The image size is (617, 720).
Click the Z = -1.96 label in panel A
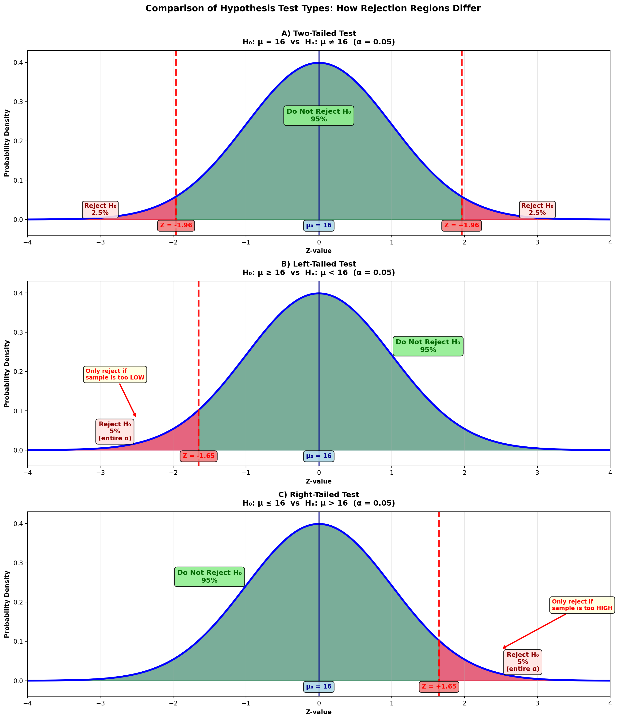[x=176, y=225]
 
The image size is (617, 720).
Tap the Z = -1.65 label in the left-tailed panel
[x=199, y=456]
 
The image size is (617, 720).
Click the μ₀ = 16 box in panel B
[x=319, y=456]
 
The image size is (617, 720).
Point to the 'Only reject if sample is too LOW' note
[x=115, y=374]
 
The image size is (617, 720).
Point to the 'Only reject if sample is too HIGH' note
[x=582, y=605]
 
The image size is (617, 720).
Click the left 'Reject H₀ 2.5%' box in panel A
[x=100, y=209]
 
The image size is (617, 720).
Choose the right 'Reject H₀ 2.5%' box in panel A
[x=537, y=209]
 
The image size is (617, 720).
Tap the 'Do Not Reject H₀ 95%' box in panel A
[x=319, y=115]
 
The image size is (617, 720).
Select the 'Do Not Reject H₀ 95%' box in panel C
[x=209, y=577]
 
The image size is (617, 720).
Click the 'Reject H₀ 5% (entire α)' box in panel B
[x=115, y=431]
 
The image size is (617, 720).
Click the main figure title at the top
[x=313, y=9]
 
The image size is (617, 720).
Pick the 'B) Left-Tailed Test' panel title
[x=318, y=264]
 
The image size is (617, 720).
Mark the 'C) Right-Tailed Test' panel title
[x=318, y=495]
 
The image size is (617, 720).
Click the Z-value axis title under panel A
[x=318, y=251]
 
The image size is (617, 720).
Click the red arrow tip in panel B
[x=136, y=417]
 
